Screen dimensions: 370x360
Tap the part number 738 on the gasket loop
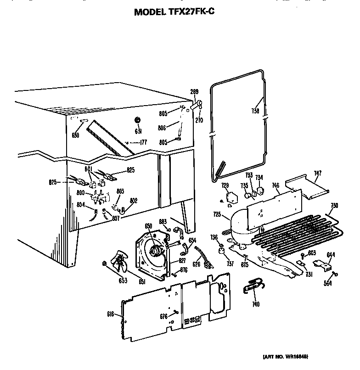255,111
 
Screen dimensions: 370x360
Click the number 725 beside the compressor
217,214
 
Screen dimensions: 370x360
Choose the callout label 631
137,131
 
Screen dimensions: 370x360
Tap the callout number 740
256,304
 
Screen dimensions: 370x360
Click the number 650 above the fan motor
148,226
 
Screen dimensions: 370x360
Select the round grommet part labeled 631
137,120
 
